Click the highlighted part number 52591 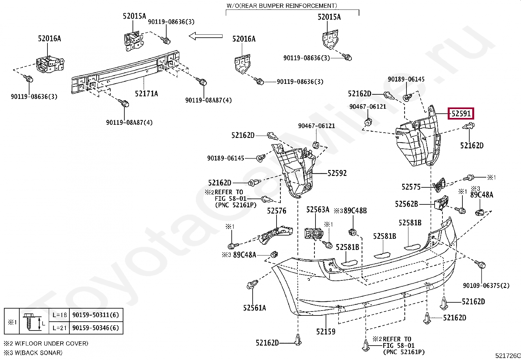461,114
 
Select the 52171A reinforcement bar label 147,94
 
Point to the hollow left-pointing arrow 206,36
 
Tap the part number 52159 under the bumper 326,332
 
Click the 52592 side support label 337,173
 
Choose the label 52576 277,211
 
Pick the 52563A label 318,210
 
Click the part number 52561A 255,308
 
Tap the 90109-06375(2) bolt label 486,286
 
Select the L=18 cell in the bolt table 60,315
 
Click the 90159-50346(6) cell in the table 96,328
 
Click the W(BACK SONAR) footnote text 39,353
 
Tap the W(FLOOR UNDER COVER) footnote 51,344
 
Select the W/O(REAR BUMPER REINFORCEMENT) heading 282,6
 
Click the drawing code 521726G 508,356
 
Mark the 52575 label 411,187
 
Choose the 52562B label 406,204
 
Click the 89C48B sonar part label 355,211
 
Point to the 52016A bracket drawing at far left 50,64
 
